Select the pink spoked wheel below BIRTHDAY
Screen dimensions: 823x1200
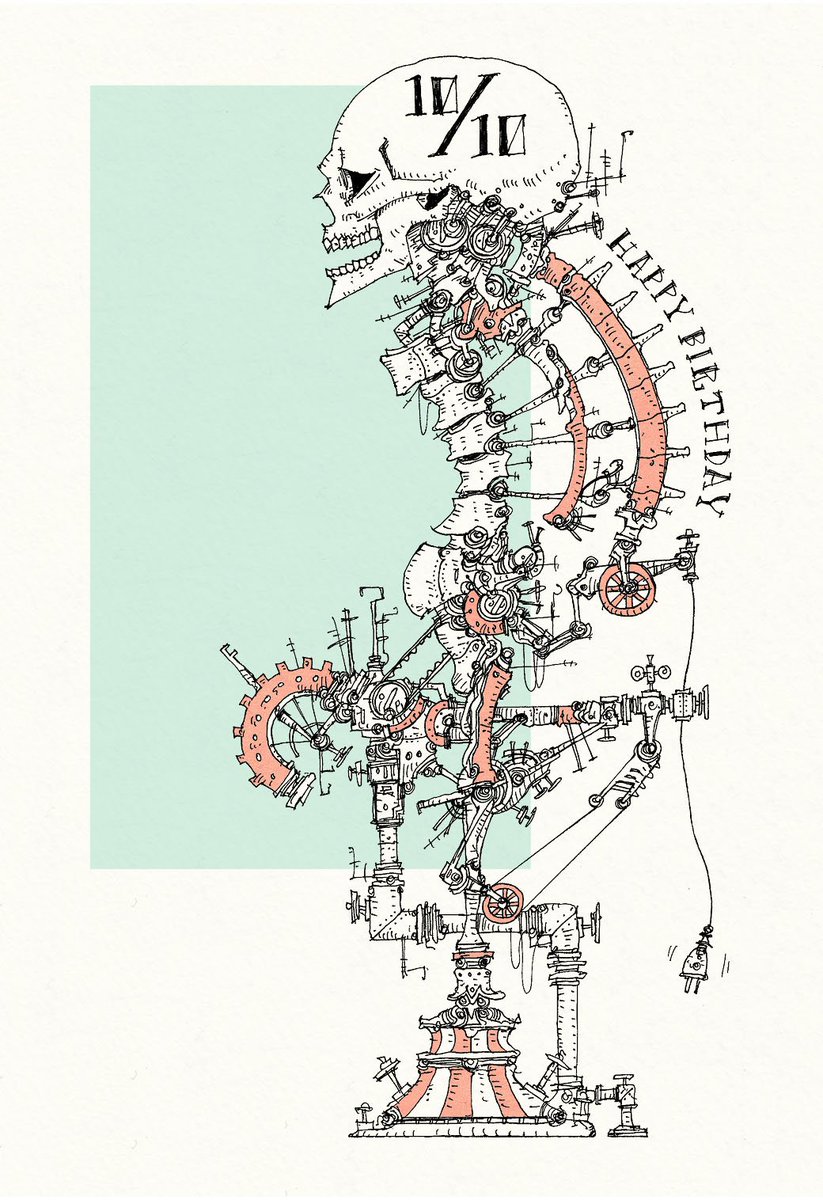(623, 589)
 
